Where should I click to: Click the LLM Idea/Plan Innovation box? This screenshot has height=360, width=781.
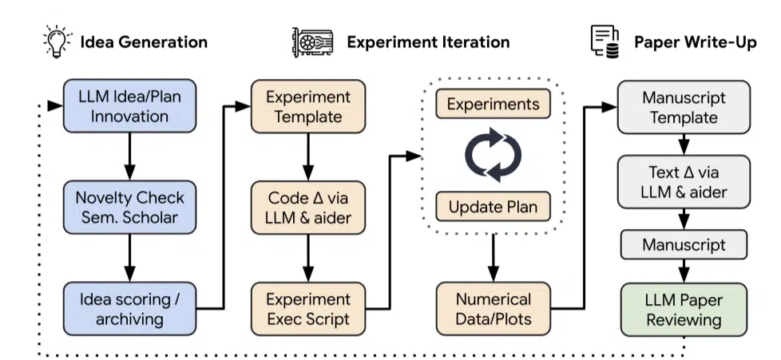(x=129, y=107)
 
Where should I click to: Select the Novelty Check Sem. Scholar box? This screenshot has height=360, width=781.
(x=129, y=207)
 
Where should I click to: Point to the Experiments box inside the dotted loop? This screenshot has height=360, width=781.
(x=493, y=105)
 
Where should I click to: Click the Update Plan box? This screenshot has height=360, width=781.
(x=493, y=207)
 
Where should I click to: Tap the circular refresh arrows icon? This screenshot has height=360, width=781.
(x=493, y=155)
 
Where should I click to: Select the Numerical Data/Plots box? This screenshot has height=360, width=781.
(x=493, y=308)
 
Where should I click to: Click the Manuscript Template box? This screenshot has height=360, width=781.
(x=684, y=107)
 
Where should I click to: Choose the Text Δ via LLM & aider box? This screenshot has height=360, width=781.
(x=684, y=183)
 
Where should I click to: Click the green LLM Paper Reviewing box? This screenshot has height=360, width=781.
(x=684, y=310)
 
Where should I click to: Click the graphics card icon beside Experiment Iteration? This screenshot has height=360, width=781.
(x=310, y=42)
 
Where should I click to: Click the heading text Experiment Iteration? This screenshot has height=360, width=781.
(x=427, y=42)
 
